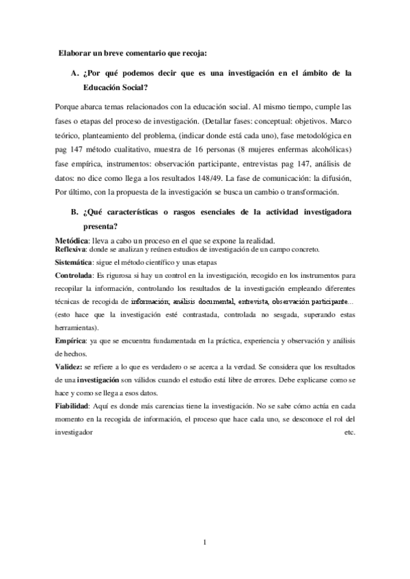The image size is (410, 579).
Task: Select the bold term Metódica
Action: (72, 240)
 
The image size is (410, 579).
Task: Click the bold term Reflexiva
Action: (71, 249)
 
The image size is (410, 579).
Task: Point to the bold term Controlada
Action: (73, 276)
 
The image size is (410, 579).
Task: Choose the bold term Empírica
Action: (71, 339)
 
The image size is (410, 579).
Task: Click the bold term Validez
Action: (68, 367)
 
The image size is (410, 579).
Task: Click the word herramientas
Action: (77, 327)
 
